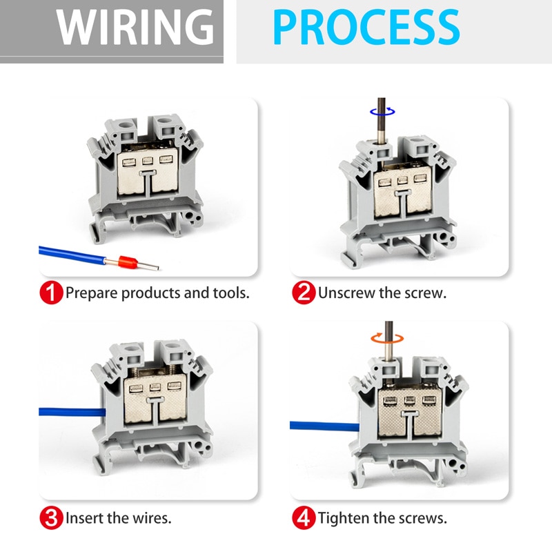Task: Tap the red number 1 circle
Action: pos(51,293)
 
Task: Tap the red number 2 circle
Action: pos(304,293)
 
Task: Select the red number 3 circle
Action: pos(51,517)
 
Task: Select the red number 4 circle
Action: pos(304,517)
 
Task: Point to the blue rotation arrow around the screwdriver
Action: pos(381,110)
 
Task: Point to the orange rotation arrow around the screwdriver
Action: pos(386,337)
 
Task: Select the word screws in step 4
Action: pos(425,517)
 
